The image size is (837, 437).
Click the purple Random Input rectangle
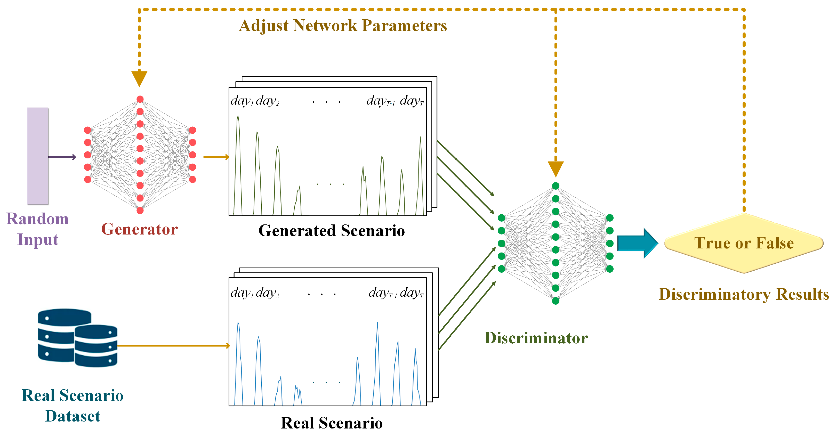click(x=37, y=156)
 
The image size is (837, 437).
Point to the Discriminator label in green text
click(x=536, y=338)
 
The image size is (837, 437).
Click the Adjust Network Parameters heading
click(x=343, y=26)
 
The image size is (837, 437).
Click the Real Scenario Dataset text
click(x=73, y=406)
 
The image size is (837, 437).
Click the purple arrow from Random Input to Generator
click(x=62, y=157)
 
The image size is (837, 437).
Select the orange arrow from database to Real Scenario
click(x=172, y=346)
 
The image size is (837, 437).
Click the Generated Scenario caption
click(x=332, y=231)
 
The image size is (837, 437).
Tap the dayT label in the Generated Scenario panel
click(x=411, y=101)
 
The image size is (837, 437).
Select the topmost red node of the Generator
click(x=140, y=99)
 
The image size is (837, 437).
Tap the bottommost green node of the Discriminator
click(x=556, y=301)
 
